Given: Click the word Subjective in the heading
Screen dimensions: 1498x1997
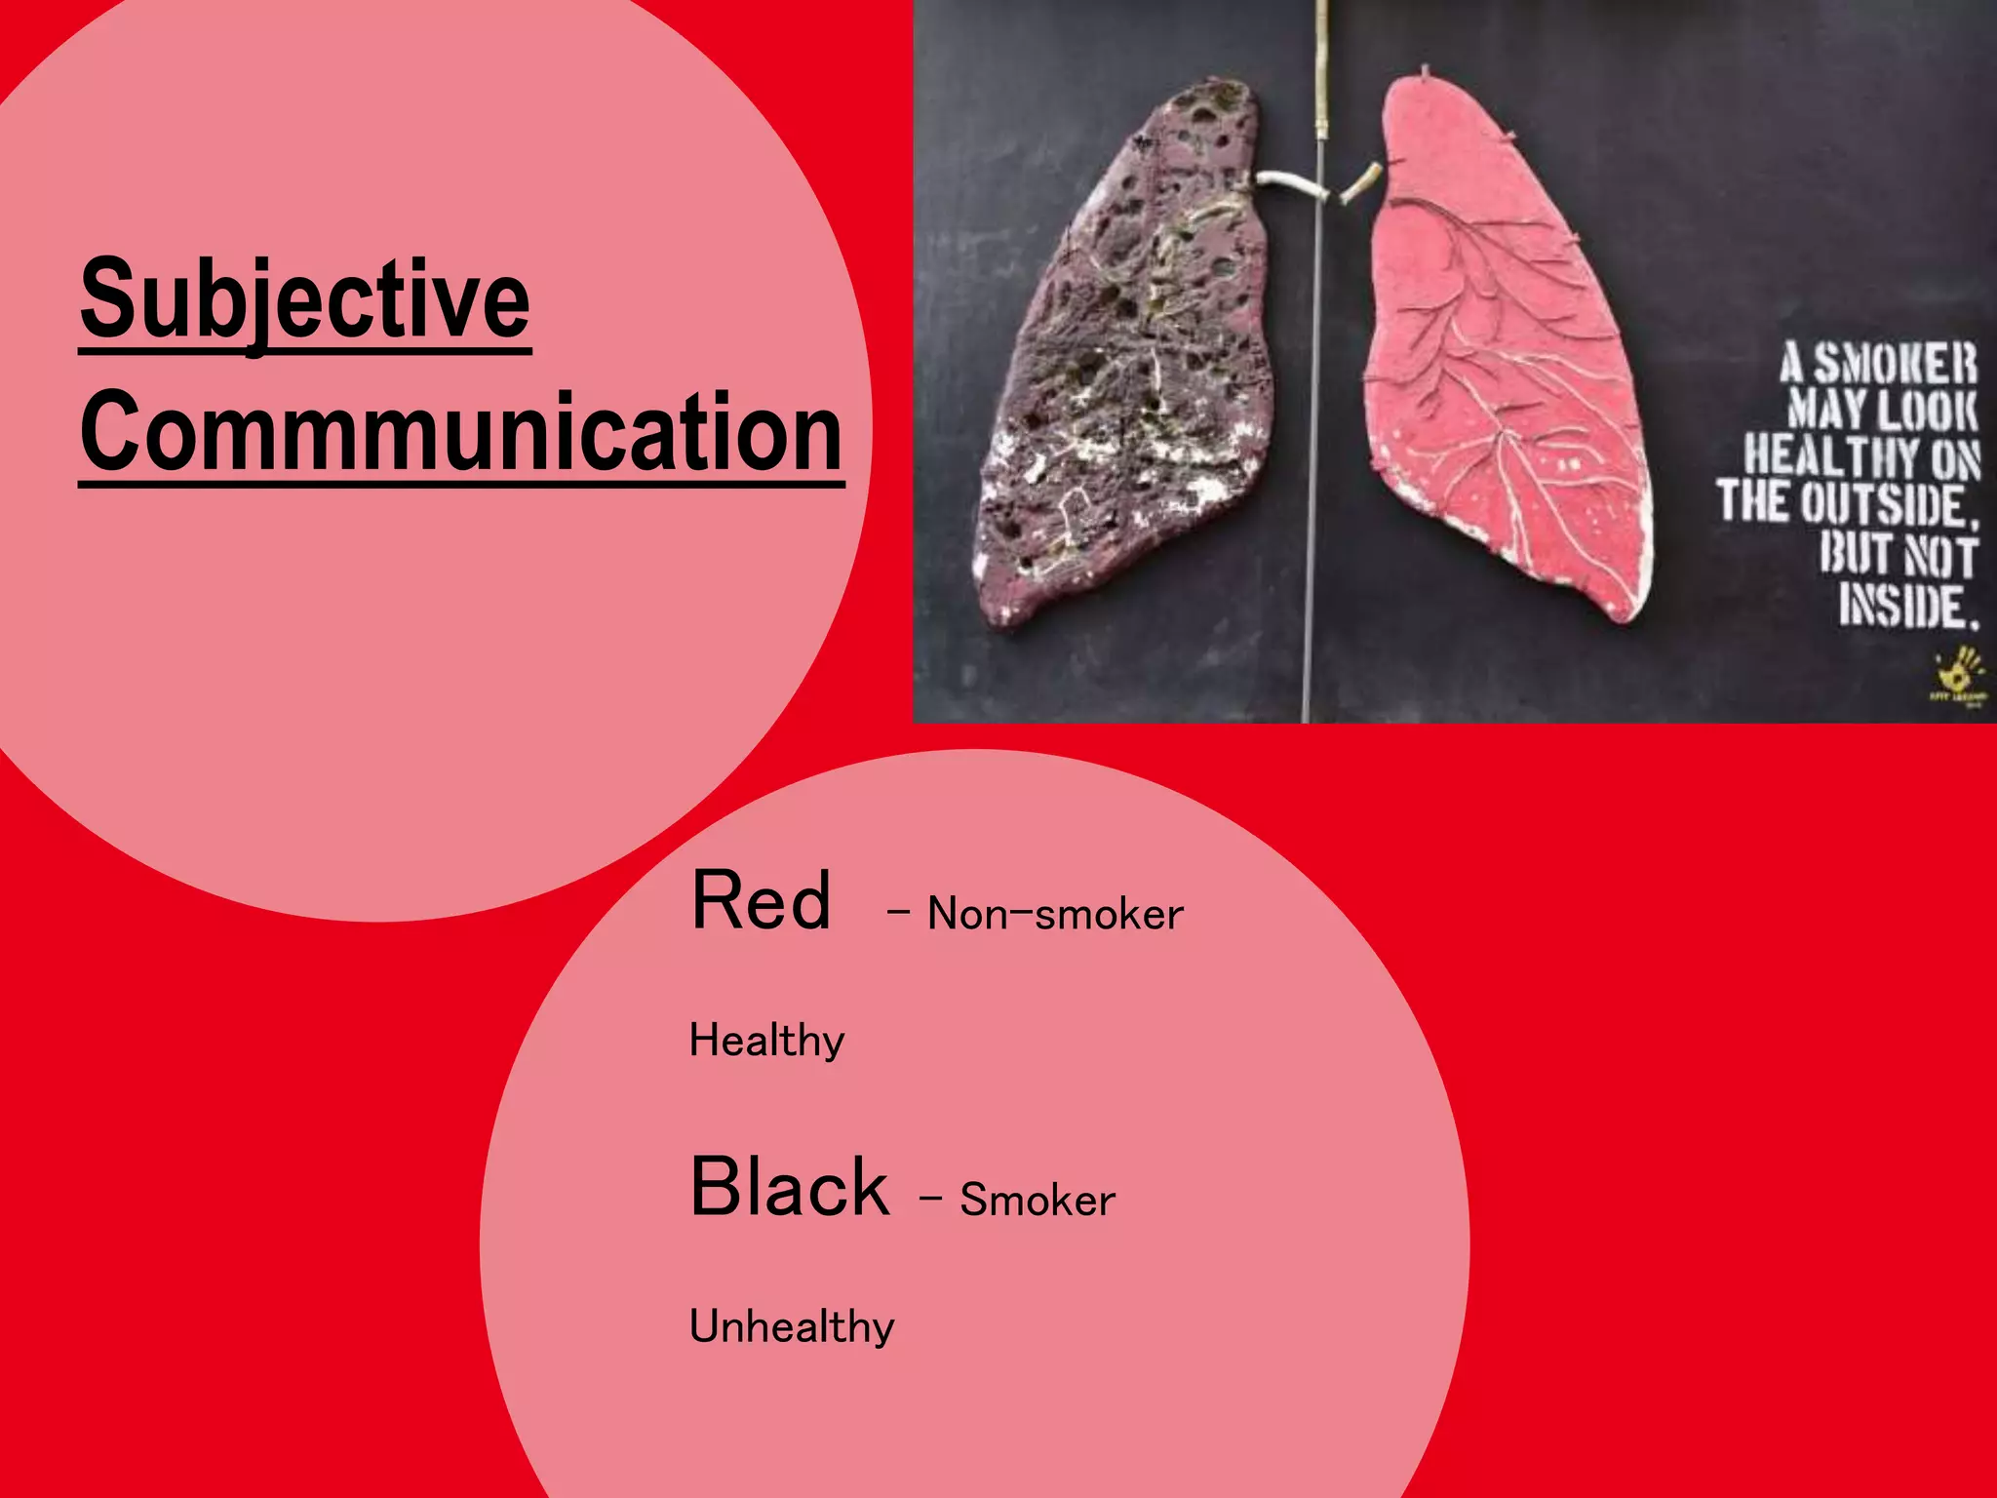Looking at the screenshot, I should tap(305, 299).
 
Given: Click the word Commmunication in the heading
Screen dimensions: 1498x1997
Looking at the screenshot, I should tap(461, 432).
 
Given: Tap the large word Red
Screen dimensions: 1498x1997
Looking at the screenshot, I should tap(761, 901).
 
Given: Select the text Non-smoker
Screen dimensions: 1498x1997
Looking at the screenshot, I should tap(1055, 914).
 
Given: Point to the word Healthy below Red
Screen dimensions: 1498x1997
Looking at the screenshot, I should tap(766, 1041).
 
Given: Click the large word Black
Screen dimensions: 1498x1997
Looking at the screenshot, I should tap(789, 1187).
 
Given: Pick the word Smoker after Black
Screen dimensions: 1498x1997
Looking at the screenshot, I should tap(1037, 1200).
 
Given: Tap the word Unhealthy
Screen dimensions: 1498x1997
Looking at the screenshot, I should tap(792, 1326).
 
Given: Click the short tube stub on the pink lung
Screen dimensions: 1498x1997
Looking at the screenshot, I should tap(1361, 182).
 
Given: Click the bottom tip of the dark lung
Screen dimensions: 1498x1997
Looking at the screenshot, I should tap(1004, 614).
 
